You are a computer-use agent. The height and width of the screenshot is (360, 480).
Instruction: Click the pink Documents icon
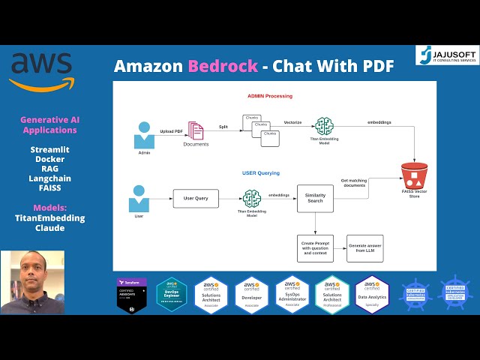coord(196,131)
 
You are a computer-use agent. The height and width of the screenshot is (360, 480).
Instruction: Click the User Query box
coord(196,199)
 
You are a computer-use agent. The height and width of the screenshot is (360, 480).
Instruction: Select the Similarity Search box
coord(315,199)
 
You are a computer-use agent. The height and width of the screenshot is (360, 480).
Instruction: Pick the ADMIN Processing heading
coord(270,97)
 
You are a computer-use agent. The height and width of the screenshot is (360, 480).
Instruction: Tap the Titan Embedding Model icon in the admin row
coord(324,126)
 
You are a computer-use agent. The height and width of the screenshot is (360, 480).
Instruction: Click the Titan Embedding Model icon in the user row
coord(251,198)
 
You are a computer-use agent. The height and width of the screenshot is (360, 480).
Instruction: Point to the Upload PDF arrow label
coord(171,131)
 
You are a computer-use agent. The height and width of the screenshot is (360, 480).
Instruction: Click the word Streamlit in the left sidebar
coord(48,149)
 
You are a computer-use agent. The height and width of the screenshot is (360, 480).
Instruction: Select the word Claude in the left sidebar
coord(48,228)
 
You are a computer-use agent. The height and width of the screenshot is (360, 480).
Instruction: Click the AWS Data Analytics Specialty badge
coord(372,292)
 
